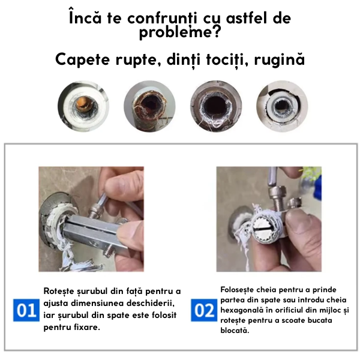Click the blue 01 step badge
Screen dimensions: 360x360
[26, 310]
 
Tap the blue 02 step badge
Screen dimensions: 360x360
[204, 310]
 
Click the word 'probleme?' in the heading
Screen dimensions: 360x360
[180, 32]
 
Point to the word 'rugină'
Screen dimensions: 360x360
[280, 60]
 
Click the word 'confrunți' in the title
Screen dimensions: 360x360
[163, 19]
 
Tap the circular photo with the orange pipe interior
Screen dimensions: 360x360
[83, 106]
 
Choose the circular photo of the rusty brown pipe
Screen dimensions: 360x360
[149, 106]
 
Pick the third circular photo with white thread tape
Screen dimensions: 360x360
[216, 106]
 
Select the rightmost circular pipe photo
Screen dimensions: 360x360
[282, 106]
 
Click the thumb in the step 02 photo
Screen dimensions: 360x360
[301, 232]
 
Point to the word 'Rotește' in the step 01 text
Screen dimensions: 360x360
[59, 291]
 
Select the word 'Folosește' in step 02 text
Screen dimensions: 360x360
[237, 290]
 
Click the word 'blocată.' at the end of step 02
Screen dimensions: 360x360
[235, 331]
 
